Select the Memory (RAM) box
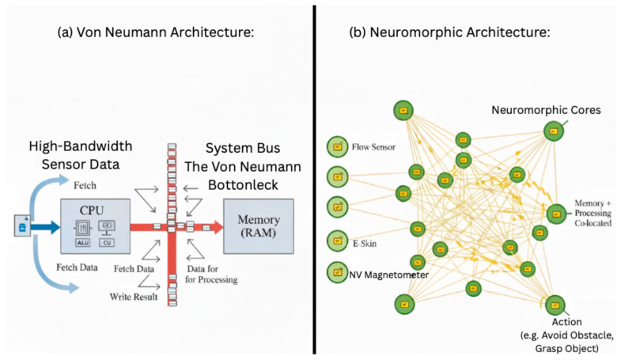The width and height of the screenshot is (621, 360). click(263, 226)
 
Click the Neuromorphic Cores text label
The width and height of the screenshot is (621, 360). click(547, 110)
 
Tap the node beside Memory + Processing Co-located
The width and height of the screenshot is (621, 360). click(556, 213)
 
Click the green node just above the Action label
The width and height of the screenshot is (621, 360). click(555, 305)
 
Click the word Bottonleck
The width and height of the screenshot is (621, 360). click(244, 181)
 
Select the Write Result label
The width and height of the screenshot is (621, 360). click(134, 297)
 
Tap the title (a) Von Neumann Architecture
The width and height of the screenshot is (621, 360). click(157, 33)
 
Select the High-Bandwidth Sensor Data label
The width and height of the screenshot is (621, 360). click(81, 155)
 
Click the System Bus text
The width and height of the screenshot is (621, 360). click(244, 148)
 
